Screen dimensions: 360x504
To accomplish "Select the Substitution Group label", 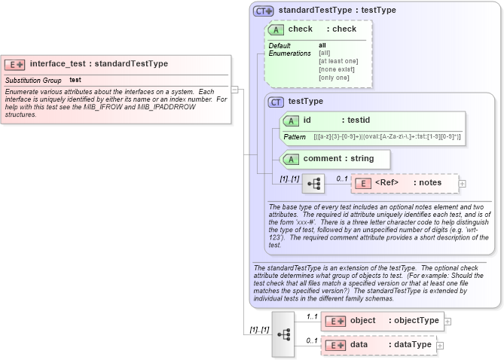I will (x=33, y=80).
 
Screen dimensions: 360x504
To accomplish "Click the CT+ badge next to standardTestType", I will (x=263, y=11).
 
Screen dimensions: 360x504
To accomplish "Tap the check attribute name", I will (x=300, y=29).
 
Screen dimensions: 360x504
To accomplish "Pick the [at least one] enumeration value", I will (x=338, y=61).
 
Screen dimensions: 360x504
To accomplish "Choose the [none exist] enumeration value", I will (x=336, y=69).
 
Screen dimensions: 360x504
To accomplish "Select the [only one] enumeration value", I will (x=334, y=78).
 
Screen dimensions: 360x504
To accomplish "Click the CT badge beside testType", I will (x=276, y=102).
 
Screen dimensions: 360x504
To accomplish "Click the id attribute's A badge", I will (x=291, y=121).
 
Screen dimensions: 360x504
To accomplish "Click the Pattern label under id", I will (x=295, y=137).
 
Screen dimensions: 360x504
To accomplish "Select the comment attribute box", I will (x=334, y=159).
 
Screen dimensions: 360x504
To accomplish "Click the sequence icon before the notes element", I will (x=313, y=183).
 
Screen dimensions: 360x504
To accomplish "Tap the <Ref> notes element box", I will (x=405, y=183).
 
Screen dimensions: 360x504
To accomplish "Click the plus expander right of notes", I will (x=463, y=183).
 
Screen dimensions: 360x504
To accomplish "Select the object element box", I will (x=381, y=321).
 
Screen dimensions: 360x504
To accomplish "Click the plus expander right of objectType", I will (x=447, y=321).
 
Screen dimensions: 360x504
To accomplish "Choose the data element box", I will (x=377, y=345).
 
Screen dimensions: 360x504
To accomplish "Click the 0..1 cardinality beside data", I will (x=311, y=340).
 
